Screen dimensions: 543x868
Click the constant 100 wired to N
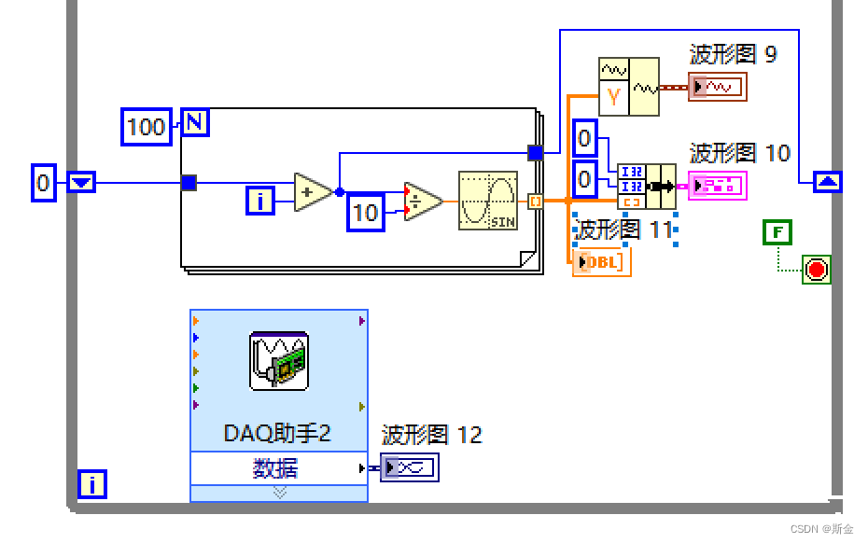(146, 126)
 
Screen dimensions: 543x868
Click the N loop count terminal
(194, 122)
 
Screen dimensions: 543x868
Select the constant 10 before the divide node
(366, 213)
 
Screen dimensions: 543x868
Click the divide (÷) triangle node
(423, 200)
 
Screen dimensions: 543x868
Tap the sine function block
(487, 200)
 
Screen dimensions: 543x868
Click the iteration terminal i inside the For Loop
(260, 200)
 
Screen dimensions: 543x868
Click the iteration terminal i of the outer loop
(92, 484)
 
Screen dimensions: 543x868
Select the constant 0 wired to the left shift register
(43, 183)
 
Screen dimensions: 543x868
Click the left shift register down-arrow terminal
(82, 183)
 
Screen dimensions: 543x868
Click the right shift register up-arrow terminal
(825, 182)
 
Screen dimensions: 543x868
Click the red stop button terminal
(817, 271)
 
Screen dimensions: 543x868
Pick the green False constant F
(777, 232)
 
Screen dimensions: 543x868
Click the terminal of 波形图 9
(718, 88)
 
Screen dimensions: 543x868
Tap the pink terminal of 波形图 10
(718, 186)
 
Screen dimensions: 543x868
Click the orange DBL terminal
(602, 263)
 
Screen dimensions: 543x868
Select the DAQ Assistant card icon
(279, 360)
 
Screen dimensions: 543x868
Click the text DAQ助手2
(278, 433)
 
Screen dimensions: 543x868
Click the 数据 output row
(278, 468)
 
